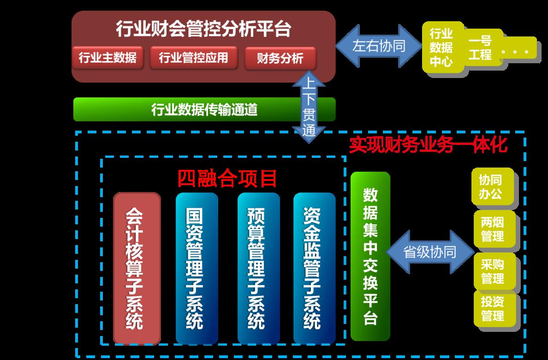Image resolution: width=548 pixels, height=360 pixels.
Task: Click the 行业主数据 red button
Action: [x=107, y=57]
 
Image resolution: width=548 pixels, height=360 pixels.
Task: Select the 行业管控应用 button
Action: [x=194, y=57]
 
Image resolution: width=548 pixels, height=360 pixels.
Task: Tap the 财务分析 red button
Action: [x=280, y=58]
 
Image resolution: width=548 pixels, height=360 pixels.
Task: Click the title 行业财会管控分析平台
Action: [x=203, y=29]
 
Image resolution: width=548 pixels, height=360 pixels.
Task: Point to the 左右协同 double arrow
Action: [x=379, y=46]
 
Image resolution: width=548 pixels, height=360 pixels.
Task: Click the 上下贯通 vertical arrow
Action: [x=309, y=107]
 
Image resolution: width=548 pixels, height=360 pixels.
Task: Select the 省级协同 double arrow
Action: [x=430, y=252]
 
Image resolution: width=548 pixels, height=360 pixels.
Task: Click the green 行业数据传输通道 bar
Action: [x=204, y=109]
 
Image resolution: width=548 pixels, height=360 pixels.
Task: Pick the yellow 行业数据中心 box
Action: [x=442, y=48]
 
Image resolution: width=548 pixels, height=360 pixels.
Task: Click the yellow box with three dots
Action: [x=518, y=51]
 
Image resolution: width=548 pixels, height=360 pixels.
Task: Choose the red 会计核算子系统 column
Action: [x=137, y=268]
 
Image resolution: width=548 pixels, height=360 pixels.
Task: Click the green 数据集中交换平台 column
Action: [x=370, y=256]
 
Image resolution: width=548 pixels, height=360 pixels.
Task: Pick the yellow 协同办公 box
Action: [x=493, y=186]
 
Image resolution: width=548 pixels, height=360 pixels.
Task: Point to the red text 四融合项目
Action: [x=227, y=179]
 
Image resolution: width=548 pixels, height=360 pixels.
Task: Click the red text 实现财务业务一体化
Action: [x=428, y=144]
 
